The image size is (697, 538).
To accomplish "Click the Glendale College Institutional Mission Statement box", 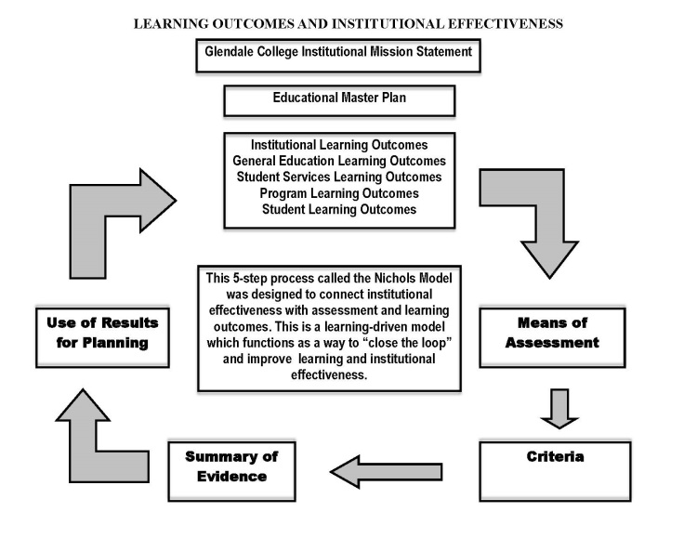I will click(x=339, y=54).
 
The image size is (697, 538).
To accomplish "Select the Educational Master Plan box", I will click(x=339, y=100).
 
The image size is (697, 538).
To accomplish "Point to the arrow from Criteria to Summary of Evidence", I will click(x=386, y=471).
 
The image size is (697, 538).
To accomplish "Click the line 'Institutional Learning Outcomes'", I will click(x=339, y=146).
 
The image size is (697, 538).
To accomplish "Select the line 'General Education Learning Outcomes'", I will click(x=339, y=162).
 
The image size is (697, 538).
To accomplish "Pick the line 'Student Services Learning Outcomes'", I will click(x=339, y=177).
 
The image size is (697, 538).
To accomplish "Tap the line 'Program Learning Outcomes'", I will click(x=339, y=193).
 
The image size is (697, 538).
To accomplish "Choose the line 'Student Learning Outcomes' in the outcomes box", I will click(x=339, y=210).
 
